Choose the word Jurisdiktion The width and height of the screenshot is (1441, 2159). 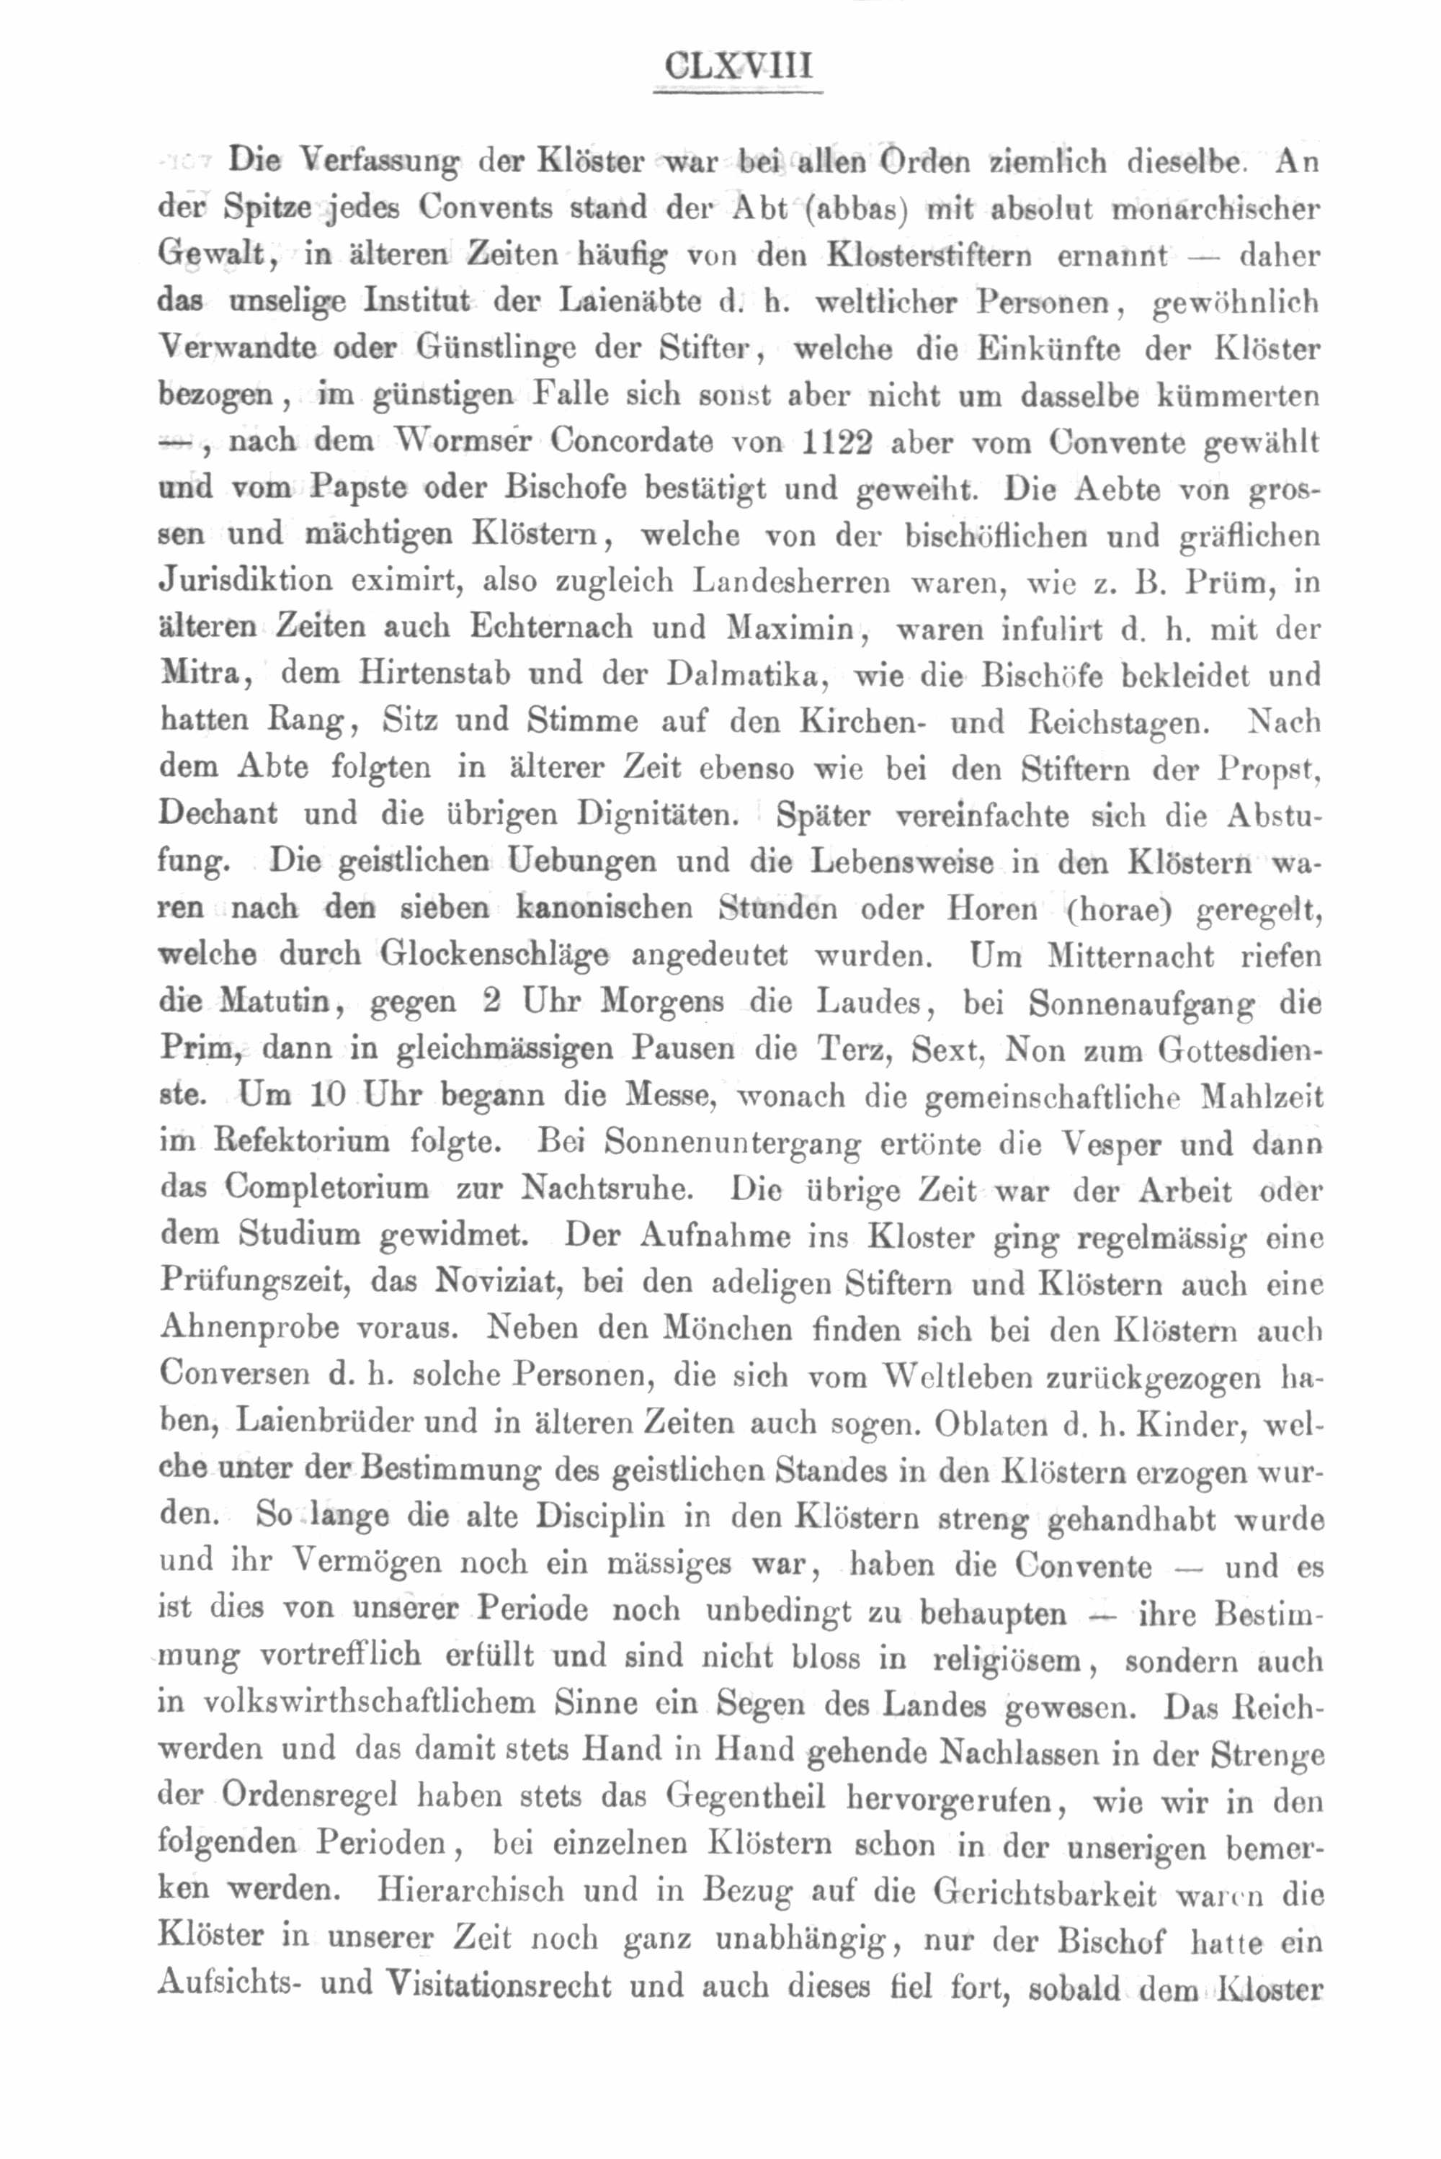[x=246, y=581]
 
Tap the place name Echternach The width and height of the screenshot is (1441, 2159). [x=551, y=627]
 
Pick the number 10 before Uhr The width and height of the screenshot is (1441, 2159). [x=326, y=1096]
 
